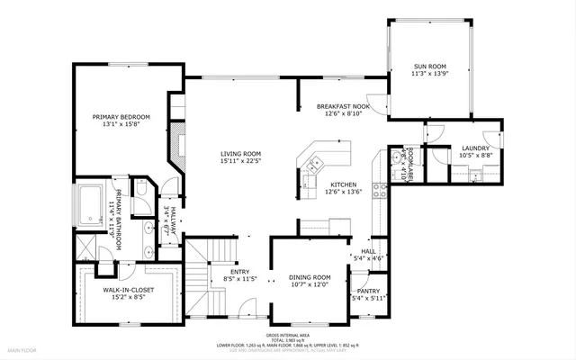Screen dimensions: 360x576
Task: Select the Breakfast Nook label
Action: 338,106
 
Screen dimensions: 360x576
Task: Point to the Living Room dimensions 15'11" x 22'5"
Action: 240,163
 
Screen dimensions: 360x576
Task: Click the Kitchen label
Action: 344,184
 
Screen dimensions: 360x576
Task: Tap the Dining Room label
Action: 310,277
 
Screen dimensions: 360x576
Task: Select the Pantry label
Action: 368,291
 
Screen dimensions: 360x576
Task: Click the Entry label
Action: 240,272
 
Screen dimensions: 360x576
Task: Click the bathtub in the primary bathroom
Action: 91,203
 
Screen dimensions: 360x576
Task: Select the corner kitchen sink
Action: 314,164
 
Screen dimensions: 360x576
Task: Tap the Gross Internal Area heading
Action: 288,334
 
